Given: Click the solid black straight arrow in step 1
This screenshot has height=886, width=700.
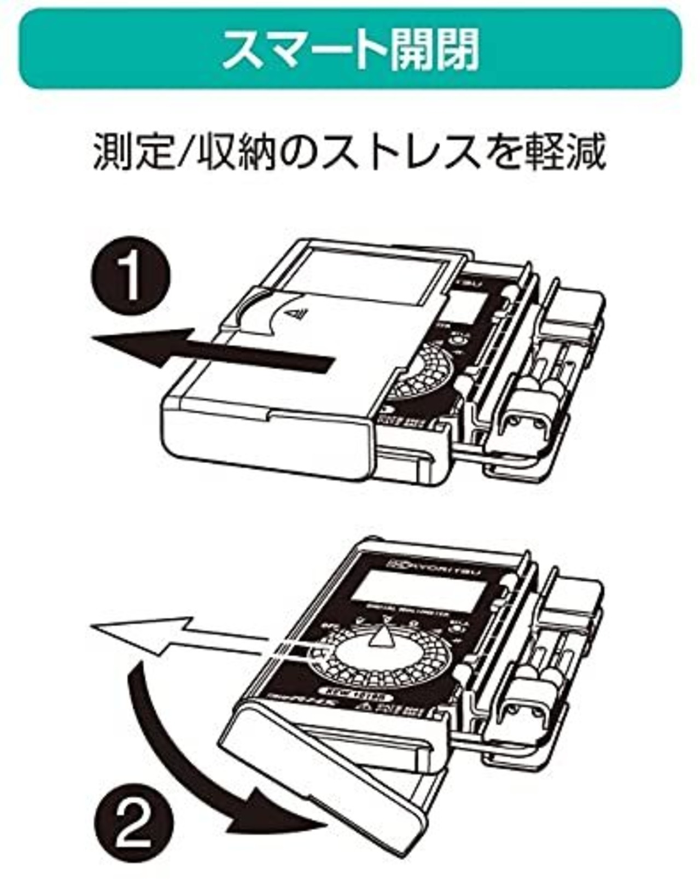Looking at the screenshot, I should (213, 350).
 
